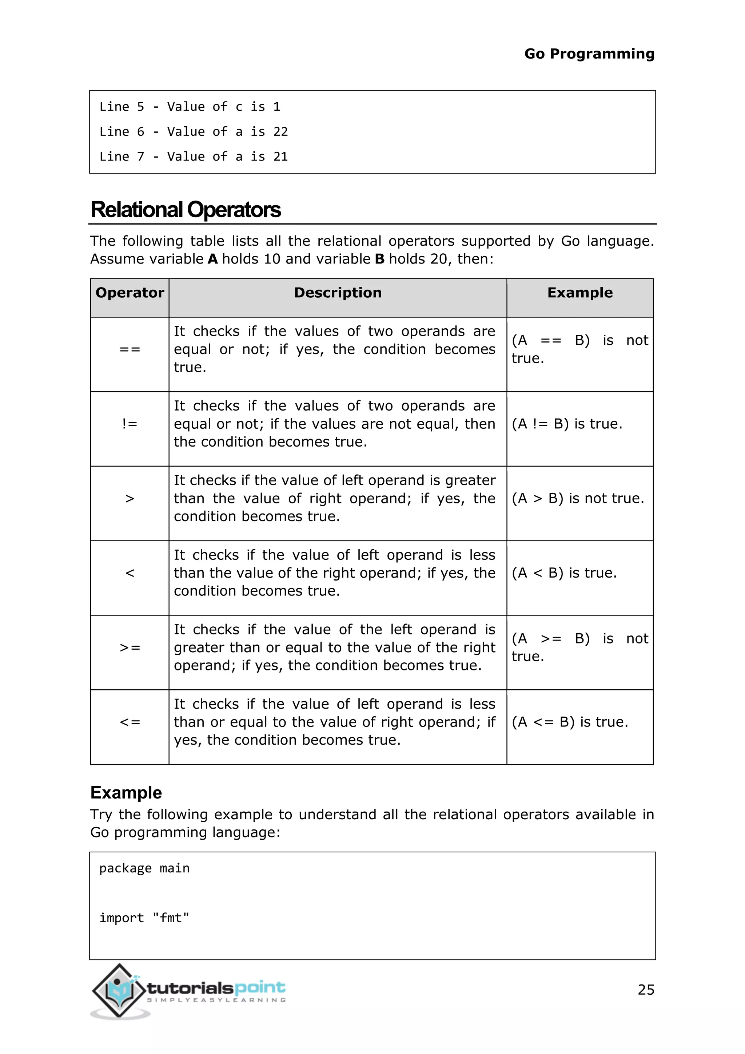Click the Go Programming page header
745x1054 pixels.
click(589, 54)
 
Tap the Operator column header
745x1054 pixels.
click(130, 293)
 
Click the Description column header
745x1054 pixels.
click(338, 293)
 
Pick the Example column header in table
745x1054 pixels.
click(579, 293)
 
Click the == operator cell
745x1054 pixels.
click(130, 349)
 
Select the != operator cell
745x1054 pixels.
click(130, 424)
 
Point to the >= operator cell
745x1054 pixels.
click(130, 648)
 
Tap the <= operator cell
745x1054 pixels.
click(130, 722)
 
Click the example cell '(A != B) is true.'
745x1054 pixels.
click(567, 424)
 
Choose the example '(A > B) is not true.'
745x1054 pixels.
click(578, 499)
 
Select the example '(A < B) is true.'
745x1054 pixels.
click(564, 573)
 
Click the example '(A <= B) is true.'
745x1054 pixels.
click(570, 722)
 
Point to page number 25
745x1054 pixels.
click(645, 990)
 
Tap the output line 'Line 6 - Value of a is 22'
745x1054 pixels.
click(194, 132)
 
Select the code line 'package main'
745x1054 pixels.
click(144, 868)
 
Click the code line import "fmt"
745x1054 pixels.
click(144, 918)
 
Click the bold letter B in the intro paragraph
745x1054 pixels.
click(379, 259)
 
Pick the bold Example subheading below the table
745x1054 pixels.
click(126, 793)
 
